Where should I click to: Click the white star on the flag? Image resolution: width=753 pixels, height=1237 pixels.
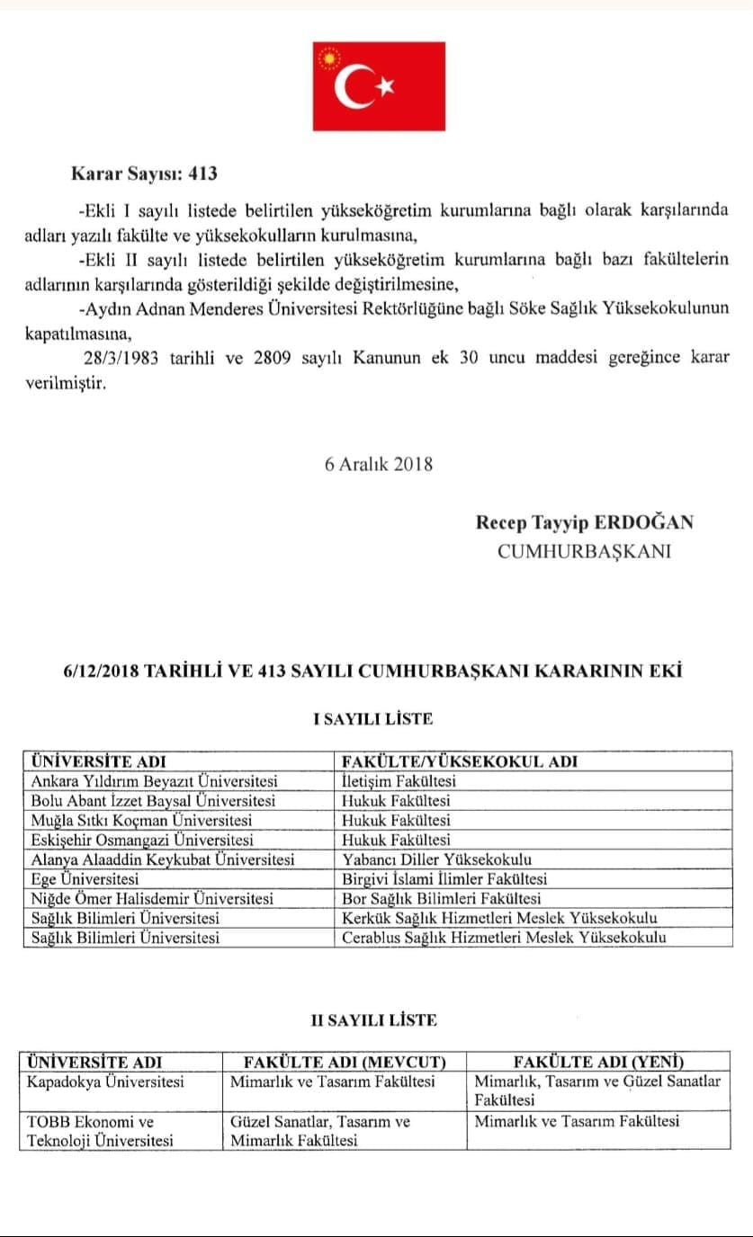(387, 86)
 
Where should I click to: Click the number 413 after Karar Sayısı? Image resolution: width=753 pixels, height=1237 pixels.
(202, 174)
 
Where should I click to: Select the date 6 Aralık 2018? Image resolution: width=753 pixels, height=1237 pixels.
(379, 464)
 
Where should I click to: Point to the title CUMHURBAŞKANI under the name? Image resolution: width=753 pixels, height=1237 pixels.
(584, 551)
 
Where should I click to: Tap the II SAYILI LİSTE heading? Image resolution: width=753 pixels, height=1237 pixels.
(373, 1019)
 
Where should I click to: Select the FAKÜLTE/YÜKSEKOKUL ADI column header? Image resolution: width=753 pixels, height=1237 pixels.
(460, 761)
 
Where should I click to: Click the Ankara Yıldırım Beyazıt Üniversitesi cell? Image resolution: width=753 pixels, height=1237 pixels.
(155, 780)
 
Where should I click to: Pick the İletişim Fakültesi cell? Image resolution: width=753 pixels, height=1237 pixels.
(399, 780)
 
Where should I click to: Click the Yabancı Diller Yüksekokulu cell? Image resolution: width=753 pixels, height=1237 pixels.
(437, 859)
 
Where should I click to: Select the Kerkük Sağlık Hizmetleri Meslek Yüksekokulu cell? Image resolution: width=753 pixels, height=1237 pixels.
(499, 918)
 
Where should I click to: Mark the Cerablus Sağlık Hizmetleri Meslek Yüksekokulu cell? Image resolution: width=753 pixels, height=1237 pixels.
(504, 938)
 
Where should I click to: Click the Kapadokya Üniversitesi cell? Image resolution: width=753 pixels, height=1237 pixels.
(107, 1081)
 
